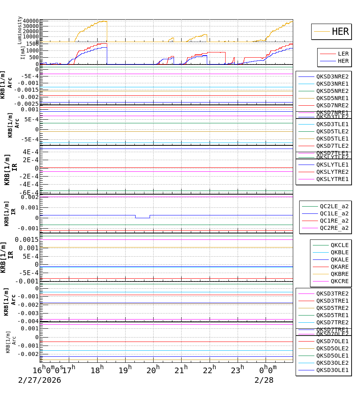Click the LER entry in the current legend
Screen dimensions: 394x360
343,54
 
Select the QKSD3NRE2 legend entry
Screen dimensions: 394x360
332,76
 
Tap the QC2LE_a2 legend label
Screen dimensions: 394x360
334,206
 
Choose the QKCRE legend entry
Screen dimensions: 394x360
339,281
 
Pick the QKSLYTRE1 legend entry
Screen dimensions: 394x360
332,179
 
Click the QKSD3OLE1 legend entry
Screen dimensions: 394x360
332,370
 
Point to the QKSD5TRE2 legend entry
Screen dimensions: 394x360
332,308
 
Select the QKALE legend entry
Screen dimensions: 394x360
339,259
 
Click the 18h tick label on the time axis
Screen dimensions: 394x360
97,370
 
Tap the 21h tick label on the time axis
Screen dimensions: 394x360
182,370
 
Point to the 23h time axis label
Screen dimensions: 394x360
238,370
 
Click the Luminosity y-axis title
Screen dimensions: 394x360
20,30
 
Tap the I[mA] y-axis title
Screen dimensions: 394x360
22,52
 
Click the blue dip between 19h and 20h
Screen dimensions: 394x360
142,218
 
